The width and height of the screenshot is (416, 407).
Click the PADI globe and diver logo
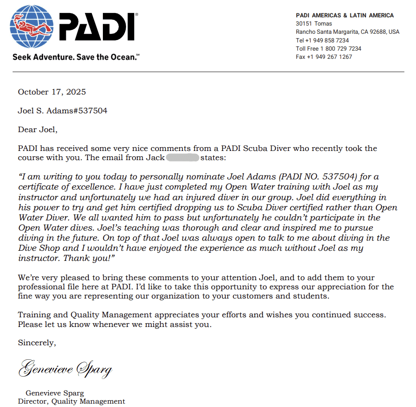click(33, 27)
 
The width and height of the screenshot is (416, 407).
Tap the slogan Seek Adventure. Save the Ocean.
click(76, 57)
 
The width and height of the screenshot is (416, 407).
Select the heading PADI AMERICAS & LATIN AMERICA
click(344, 15)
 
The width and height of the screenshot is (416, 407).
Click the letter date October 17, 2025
click(52, 92)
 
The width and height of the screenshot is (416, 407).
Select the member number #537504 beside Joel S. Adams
click(91, 111)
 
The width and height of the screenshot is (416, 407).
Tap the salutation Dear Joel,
click(38, 130)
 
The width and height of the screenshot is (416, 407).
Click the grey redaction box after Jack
click(183, 158)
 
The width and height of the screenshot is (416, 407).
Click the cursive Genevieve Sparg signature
click(65, 369)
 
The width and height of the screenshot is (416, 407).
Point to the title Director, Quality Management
click(72, 401)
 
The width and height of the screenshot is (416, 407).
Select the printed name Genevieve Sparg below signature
click(55, 393)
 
